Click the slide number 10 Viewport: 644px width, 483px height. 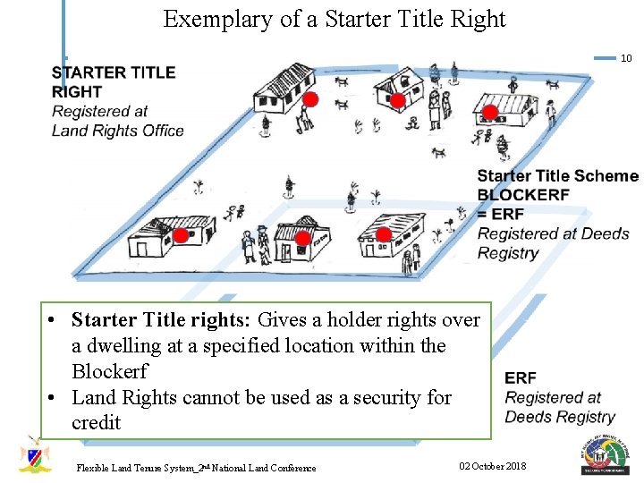click(626, 58)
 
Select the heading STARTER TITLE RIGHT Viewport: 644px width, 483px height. click(113, 81)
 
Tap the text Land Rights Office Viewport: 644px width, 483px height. click(117, 131)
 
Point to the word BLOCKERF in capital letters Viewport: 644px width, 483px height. click(523, 195)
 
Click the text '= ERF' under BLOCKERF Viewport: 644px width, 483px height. click(501, 214)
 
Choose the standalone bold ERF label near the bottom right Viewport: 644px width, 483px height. click(521, 378)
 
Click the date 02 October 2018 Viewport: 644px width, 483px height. click(492, 466)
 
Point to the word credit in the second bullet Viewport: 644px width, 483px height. click(96, 422)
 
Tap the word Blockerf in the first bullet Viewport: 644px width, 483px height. click(109, 370)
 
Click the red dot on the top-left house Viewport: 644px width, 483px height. click(309, 98)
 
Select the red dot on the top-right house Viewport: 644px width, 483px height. click(489, 112)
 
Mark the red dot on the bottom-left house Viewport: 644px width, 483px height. click(180, 236)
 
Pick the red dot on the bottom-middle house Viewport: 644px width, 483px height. click(302, 238)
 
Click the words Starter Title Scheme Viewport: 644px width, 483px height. click(557, 176)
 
